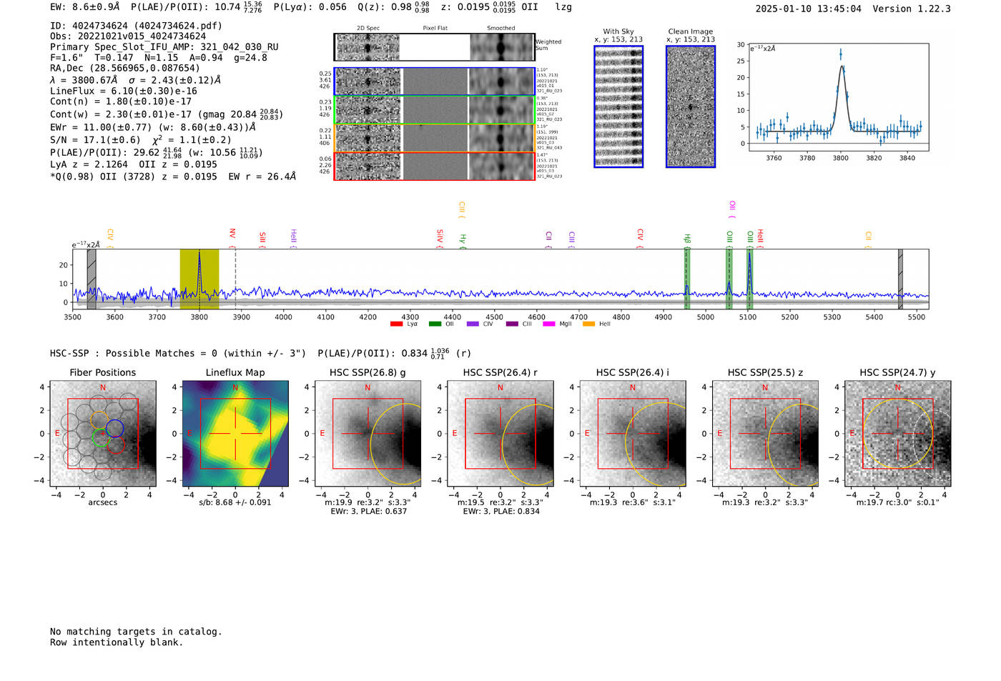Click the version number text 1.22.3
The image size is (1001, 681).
coord(932,9)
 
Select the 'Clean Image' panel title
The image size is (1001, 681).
coord(690,31)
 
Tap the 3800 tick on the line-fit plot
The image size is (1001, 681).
coord(840,158)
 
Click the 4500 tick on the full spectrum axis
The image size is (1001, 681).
coord(494,317)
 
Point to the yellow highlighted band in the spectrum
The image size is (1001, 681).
coord(199,279)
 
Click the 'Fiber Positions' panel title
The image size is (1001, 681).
coord(102,372)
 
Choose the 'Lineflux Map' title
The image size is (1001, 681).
coord(235,372)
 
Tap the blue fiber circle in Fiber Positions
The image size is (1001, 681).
coord(114,429)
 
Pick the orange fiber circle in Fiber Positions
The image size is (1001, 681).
coord(99,420)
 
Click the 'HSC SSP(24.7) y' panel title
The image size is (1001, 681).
coord(897,372)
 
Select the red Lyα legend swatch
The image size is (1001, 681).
coord(396,324)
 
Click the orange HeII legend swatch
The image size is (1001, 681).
coord(588,324)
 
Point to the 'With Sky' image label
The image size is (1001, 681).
coord(618,31)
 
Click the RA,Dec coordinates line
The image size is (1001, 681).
coord(125,68)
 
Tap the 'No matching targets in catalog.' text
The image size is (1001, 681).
coord(136,631)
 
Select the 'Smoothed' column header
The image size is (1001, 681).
coord(500,29)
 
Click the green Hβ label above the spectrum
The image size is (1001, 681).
coord(687,238)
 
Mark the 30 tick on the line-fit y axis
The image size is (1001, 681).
coord(741,44)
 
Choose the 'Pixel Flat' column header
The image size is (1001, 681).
coord(435,29)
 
